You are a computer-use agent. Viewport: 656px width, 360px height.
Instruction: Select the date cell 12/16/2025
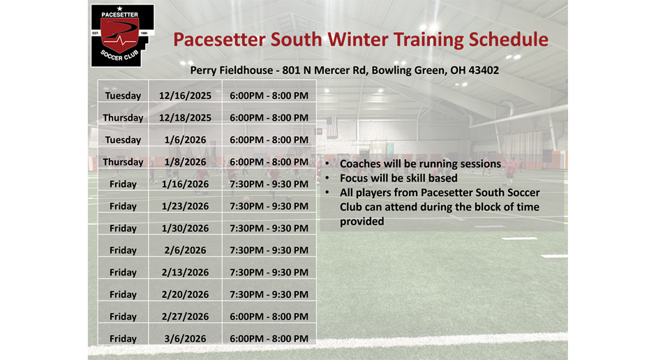click(185, 96)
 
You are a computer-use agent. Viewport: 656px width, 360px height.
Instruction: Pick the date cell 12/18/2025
click(185, 118)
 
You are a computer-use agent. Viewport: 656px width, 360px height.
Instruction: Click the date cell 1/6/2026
click(185, 140)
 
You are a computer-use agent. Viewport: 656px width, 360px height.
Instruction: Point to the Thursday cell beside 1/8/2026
click(123, 162)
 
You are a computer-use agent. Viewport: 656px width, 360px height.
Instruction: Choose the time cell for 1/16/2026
click(269, 184)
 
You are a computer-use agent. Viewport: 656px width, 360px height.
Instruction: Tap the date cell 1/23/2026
click(185, 207)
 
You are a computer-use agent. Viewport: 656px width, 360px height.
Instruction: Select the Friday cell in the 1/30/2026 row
click(123, 228)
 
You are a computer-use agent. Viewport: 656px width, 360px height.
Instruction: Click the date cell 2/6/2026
click(185, 250)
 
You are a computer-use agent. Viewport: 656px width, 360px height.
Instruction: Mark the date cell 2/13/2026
click(185, 273)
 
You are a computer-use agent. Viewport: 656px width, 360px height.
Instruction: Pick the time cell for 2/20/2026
click(269, 294)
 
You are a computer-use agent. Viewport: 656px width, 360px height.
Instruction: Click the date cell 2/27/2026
click(185, 317)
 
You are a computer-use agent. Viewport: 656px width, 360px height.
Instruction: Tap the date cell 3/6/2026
click(185, 339)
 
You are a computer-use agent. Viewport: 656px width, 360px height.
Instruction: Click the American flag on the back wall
click(331, 127)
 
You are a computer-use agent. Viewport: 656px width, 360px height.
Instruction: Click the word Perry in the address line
click(203, 70)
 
